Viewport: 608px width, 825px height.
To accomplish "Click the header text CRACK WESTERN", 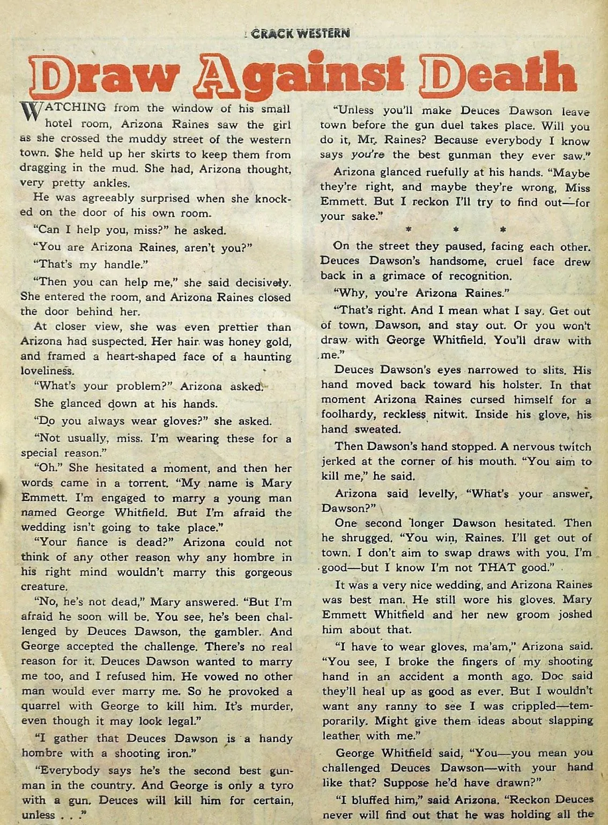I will (x=300, y=33).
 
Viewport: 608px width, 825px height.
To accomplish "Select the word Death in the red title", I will (x=499, y=76).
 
